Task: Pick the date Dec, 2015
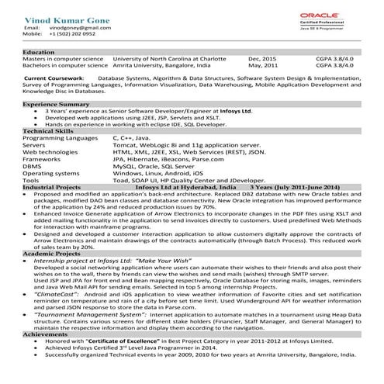[x=262, y=59]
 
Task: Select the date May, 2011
[x=263, y=66]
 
